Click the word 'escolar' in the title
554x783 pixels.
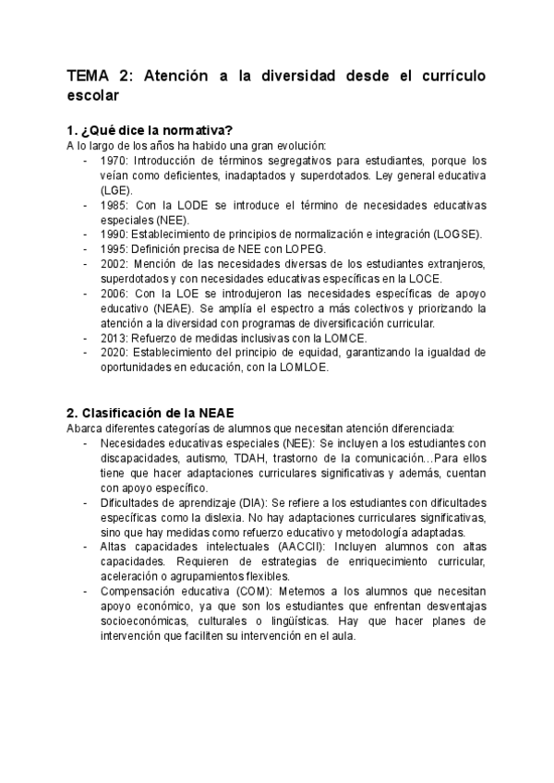(x=92, y=96)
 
